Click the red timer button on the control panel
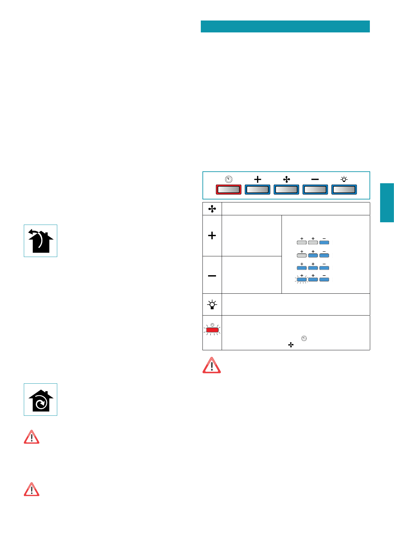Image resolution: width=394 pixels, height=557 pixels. (x=228, y=190)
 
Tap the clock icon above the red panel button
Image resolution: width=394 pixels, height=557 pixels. (x=228, y=179)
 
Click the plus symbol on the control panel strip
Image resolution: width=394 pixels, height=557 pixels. (x=257, y=179)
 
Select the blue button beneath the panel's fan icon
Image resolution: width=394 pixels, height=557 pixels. (x=286, y=190)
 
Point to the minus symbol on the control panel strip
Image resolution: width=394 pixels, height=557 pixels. (x=315, y=179)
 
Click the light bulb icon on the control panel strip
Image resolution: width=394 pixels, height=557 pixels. (x=344, y=179)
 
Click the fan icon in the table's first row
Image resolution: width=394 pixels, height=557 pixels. (x=212, y=209)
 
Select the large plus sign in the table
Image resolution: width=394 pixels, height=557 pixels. (x=212, y=236)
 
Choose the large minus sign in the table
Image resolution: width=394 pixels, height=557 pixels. (x=212, y=276)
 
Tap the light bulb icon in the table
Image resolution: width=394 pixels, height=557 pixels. (x=212, y=304)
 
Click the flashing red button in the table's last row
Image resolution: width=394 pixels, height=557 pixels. (x=212, y=330)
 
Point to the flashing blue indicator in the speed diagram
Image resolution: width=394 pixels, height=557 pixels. (x=302, y=279)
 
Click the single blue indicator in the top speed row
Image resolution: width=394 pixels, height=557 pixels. (x=324, y=242)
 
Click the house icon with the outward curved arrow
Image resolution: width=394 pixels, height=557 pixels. (x=40, y=241)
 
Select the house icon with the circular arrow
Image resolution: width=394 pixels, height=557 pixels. (x=40, y=400)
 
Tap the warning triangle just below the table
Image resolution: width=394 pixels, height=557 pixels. (x=212, y=365)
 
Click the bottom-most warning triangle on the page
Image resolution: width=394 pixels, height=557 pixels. (x=31, y=490)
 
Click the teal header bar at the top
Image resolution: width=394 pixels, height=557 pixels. (x=285, y=26)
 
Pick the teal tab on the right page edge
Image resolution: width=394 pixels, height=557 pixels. (x=387, y=202)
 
